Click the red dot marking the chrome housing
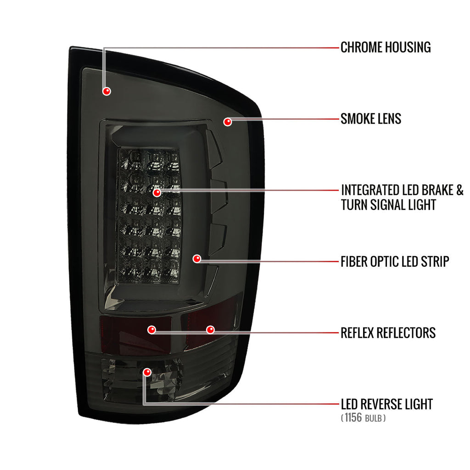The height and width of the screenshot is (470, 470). point(106,91)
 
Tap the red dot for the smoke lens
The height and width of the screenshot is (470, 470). point(228,122)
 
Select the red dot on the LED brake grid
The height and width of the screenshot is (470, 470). point(157,193)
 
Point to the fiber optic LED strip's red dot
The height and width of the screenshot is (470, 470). point(197,259)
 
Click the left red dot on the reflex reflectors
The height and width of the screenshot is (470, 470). point(152,330)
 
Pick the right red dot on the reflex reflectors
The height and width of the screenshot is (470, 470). point(211,330)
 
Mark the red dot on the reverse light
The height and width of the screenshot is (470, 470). point(147,372)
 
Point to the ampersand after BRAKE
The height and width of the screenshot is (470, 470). point(460,190)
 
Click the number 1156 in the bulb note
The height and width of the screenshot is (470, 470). point(353,418)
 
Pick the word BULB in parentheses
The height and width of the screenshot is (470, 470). point(374,419)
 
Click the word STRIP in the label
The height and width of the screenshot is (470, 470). point(435,261)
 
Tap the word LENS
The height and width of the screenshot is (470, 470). point(389,119)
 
